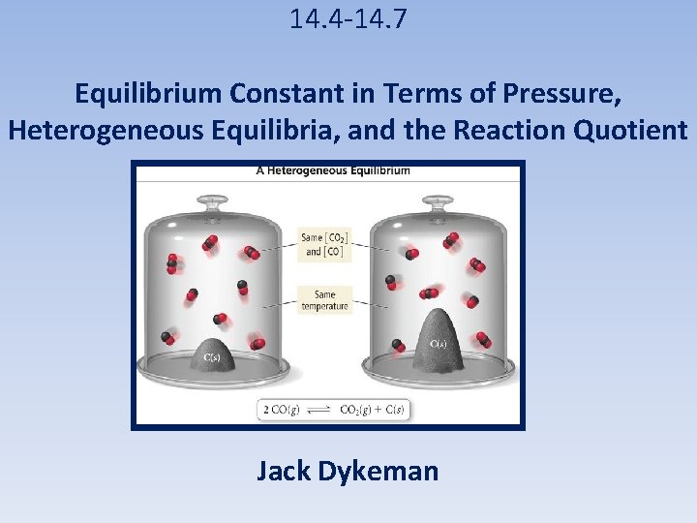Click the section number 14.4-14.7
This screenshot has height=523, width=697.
pos(348,18)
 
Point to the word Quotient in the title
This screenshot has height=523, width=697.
pos(630,130)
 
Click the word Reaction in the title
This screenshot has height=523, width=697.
pos(514,130)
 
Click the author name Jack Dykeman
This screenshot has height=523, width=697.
pos(348,472)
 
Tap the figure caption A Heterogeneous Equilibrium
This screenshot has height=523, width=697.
pos(332,170)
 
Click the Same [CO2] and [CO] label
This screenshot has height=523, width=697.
pos(325,244)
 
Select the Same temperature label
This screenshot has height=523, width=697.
pos(325,300)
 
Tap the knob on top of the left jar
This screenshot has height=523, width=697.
pos(214,201)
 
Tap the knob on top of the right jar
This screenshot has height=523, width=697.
pos(439,201)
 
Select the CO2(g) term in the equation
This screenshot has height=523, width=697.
pos(358,410)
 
